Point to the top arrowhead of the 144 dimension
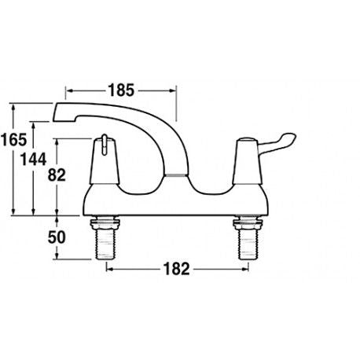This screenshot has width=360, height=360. pos(36,124)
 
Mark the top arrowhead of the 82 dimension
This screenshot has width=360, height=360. pos(61,142)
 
